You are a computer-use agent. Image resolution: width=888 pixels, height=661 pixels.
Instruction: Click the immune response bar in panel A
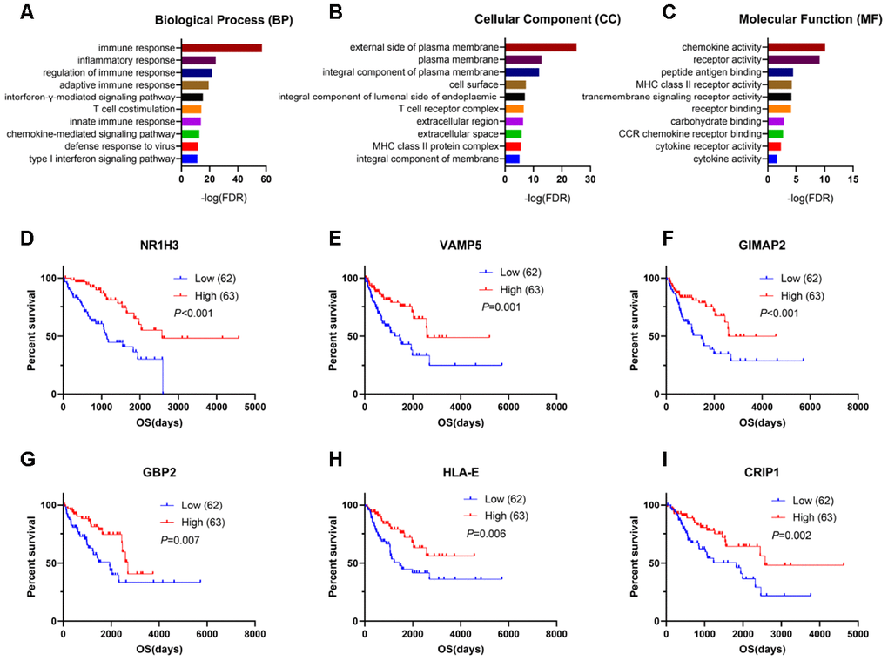coord(221,48)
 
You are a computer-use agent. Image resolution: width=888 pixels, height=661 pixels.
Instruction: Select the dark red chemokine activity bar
coord(796,47)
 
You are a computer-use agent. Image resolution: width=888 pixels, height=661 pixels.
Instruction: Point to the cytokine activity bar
coord(771,159)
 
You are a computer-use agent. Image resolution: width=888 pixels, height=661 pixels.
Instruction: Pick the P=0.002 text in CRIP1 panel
coord(793,535)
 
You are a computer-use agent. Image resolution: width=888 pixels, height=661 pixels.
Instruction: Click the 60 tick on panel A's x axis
coord(266,179)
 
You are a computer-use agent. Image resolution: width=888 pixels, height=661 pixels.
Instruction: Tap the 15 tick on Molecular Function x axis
coord(852,179)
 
